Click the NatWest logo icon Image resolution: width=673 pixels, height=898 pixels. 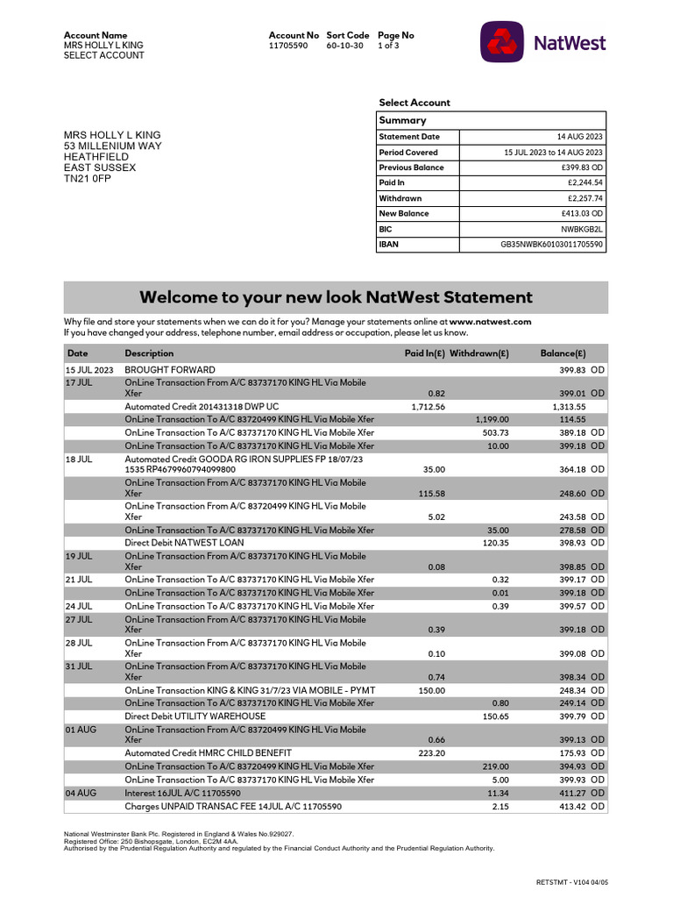pyautogui.click(x=502, y=41)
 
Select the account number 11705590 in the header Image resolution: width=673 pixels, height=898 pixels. pyautogui.click(x=288, y=46)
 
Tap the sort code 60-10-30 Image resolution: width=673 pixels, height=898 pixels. pyautogui.click(x=344, y=46)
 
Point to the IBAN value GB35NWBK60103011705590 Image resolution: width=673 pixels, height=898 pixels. pyautogui.click(x=551, y=245)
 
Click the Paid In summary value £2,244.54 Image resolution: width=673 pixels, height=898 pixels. pyautogui.click(x=585, y=183)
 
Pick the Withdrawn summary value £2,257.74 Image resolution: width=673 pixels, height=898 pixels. pyautogui.click(x=585, y=198)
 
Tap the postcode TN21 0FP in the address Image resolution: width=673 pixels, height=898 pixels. pyautogui.click(x=88, y=179)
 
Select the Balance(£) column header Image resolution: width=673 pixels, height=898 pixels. pyautogui.click(x=563, y=353)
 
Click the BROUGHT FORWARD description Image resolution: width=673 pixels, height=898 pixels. pyautogui.click(x=170, y=370)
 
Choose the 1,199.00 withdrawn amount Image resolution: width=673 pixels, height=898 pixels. pyautogui.click(x=492, y=420)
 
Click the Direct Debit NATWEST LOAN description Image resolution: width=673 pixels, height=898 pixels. pyautogui.click(x=184, y=544)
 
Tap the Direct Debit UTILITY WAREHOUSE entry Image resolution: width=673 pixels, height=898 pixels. pyautogui.click(x=195, y=716)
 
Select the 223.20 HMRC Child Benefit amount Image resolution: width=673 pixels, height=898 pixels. pyautogui.click(x=431, y=753)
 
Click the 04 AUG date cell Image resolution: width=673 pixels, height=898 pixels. pyautogui.click(x=81, y=793)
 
